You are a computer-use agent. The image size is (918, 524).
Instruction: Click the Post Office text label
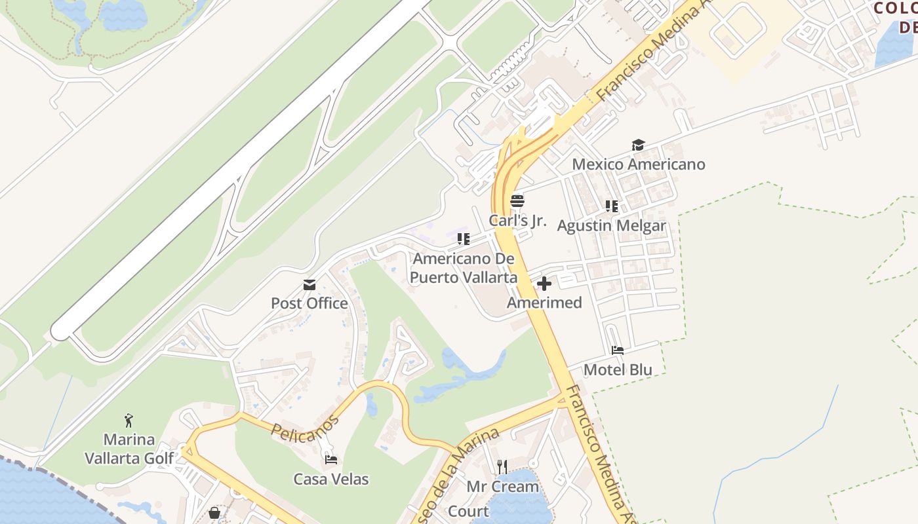pyautogui.click(x=309, y=303)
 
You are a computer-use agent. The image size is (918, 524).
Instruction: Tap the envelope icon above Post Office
pyautogui.click(x=309, y=285)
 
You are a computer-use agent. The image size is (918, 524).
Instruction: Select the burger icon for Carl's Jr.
pyautogui.click(x=517, y=201)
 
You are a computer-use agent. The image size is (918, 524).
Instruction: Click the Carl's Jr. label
pyautogui.click(x=517, y=221)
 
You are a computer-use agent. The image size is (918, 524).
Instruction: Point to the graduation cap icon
pyautogui.click(x=638, y=145)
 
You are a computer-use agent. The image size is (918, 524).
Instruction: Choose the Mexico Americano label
pyautogui.click(x=639, y=164)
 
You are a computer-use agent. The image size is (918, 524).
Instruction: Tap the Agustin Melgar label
pyautogui.click(x=611, y=226)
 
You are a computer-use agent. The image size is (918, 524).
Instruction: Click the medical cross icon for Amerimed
pyautogui.click(x=544, y=284)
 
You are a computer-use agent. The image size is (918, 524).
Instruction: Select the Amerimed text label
pyautogui.click(x=544, y=303)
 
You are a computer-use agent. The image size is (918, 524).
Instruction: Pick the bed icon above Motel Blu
pyautogui.click(x=618, y=350)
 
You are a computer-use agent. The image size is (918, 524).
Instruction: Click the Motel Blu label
pyautogui.click(x=618, y=370)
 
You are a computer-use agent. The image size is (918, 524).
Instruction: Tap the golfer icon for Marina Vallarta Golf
pyautogui.click(x=129, y=420)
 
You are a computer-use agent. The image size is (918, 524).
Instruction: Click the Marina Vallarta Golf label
pyautogui.click(x=129, y=449)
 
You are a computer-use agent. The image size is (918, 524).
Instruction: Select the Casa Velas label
pyautogui.click(x=331, y=479)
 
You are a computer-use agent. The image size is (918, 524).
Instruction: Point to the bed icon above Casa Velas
pyautogui.click(x=331, y=460)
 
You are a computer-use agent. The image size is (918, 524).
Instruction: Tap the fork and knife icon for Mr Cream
pyautogui.click(x=502, y=467)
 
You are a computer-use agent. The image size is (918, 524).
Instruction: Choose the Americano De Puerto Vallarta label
pyautogui.click(x=464, y=268)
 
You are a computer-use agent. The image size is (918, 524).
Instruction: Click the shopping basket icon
pyautogui.click(x=214, y=513)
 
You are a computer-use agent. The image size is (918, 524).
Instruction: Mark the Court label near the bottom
pyautogui.click(x=468, y=512)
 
